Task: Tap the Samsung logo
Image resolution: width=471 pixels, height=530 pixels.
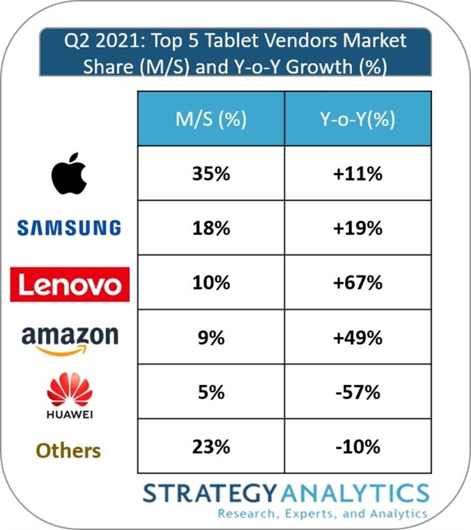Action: tap(70, 229)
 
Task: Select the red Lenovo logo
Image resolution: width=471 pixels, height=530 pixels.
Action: tap(70, 284)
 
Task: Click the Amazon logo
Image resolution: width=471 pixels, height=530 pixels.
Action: tap(70, 338)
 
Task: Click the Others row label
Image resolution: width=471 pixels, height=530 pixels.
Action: tap(68, 450)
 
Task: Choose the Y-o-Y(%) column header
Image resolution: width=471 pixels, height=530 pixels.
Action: tap(358, 120)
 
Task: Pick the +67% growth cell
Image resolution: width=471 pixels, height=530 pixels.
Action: tap(358, 284)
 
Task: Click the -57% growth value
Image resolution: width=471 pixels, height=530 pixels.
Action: tap(358, 392)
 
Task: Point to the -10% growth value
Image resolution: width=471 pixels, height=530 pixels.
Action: tap(358, 447)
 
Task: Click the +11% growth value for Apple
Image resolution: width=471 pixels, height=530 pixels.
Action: tap(358, 175)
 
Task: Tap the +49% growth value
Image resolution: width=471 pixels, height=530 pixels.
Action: tap(358, 338)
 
